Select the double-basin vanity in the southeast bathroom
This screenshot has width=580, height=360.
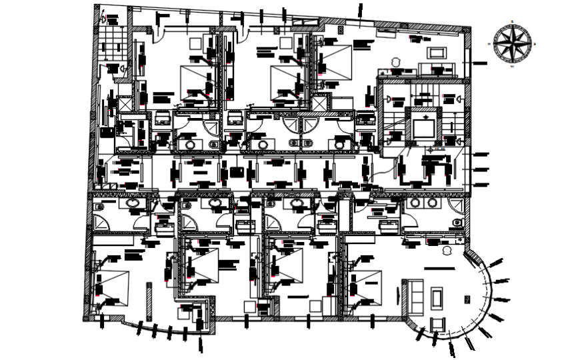pos(421,203)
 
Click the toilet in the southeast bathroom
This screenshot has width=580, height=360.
pos(457,223)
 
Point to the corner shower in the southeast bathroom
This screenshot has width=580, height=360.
pos(457,205)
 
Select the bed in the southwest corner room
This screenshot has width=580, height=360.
pos(113,284)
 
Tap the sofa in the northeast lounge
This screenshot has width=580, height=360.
pos(437,69)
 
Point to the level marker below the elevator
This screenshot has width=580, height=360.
pos(432,150)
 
